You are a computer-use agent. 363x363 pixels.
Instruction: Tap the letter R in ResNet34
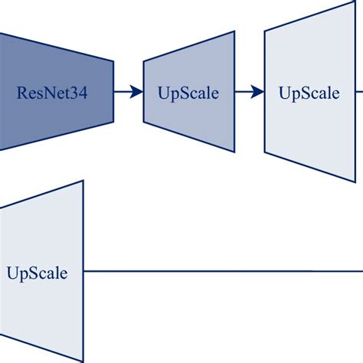point(21,93)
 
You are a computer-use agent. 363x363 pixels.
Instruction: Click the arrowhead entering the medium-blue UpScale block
point(138,93)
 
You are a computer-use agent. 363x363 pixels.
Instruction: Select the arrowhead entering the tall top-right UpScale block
point(259,93)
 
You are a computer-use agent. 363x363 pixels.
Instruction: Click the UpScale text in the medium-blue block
point(188,93)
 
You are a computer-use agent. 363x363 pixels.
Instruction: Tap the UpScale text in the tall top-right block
point(309,93)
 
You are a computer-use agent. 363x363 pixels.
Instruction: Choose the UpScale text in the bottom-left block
point(36,273)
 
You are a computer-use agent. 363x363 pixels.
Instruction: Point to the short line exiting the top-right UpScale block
point(359,93)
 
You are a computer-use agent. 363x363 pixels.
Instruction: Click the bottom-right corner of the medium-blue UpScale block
point(234,151)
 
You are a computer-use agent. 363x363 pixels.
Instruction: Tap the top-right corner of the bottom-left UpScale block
point(83,181)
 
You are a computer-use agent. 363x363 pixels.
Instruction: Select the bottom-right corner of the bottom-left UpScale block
point(83,361)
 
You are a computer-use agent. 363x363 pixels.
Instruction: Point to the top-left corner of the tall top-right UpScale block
point(265,31)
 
